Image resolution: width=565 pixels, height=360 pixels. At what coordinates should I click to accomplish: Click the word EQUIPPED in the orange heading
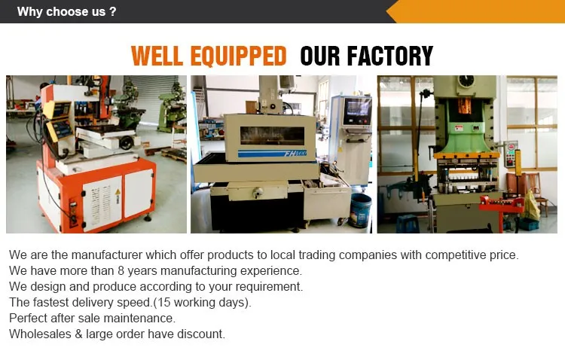(238, 56)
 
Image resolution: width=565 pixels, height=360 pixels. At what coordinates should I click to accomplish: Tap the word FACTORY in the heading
(390, 56)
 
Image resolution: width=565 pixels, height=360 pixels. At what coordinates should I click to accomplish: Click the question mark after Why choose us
(113, 11)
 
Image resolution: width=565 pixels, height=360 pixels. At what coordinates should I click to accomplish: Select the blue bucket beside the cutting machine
(360, 210)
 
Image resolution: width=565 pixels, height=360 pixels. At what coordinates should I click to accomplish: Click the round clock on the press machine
(466, 81)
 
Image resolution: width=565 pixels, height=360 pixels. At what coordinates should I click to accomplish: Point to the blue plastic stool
(408, 224)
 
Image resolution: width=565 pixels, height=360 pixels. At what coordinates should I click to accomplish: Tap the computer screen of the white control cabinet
(358, 108)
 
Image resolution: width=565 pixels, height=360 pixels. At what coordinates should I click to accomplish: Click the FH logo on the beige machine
(295, 154)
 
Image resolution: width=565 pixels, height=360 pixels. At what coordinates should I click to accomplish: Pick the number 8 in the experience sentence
(121, 270)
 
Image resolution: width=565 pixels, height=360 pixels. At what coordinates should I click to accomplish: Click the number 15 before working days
(163, 302)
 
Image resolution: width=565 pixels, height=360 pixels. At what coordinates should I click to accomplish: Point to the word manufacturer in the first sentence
(107, 255)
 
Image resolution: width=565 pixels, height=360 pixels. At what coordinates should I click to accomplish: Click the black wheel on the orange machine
(127, 142)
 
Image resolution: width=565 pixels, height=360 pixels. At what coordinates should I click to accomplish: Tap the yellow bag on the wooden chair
(531, 206)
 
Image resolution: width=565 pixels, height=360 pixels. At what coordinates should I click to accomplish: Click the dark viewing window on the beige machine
(273, 136)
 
